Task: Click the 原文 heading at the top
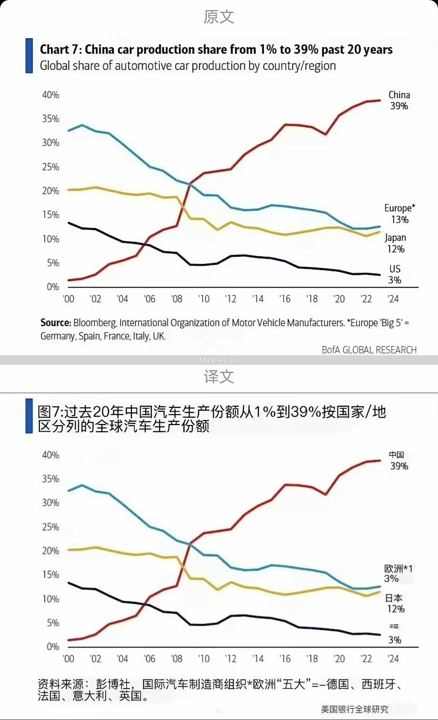[219, 17]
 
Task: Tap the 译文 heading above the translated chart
[219, 377]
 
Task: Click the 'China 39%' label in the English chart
[399, 100]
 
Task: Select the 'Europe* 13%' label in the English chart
[399, 214]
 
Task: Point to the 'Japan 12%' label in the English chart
[395, 244]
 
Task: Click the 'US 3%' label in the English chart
[395, 274]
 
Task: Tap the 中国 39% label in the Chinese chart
[398, 460]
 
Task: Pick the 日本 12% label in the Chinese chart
[395, 604]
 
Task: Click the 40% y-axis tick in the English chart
[51, 95]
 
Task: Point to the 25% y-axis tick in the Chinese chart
[51, 527]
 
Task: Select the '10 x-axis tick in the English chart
[204, 299]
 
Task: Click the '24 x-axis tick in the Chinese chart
[393, 659]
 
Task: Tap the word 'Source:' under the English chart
[56, 323]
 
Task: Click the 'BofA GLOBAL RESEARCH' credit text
[369, 350]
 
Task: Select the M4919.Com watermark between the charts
[219, 360]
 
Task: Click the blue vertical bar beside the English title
[29, 56]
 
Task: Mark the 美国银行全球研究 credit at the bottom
[354, 709]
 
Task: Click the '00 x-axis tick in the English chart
[68, 299]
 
